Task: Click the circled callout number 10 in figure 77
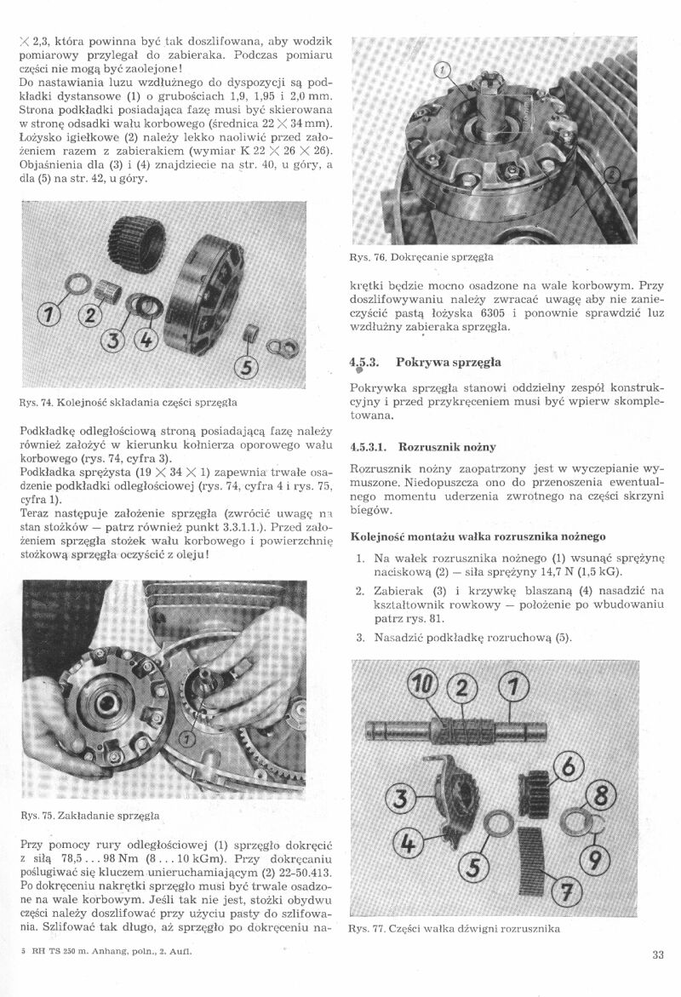(424, 684)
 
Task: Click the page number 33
(657, 954)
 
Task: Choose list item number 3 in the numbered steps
(360, 638)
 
